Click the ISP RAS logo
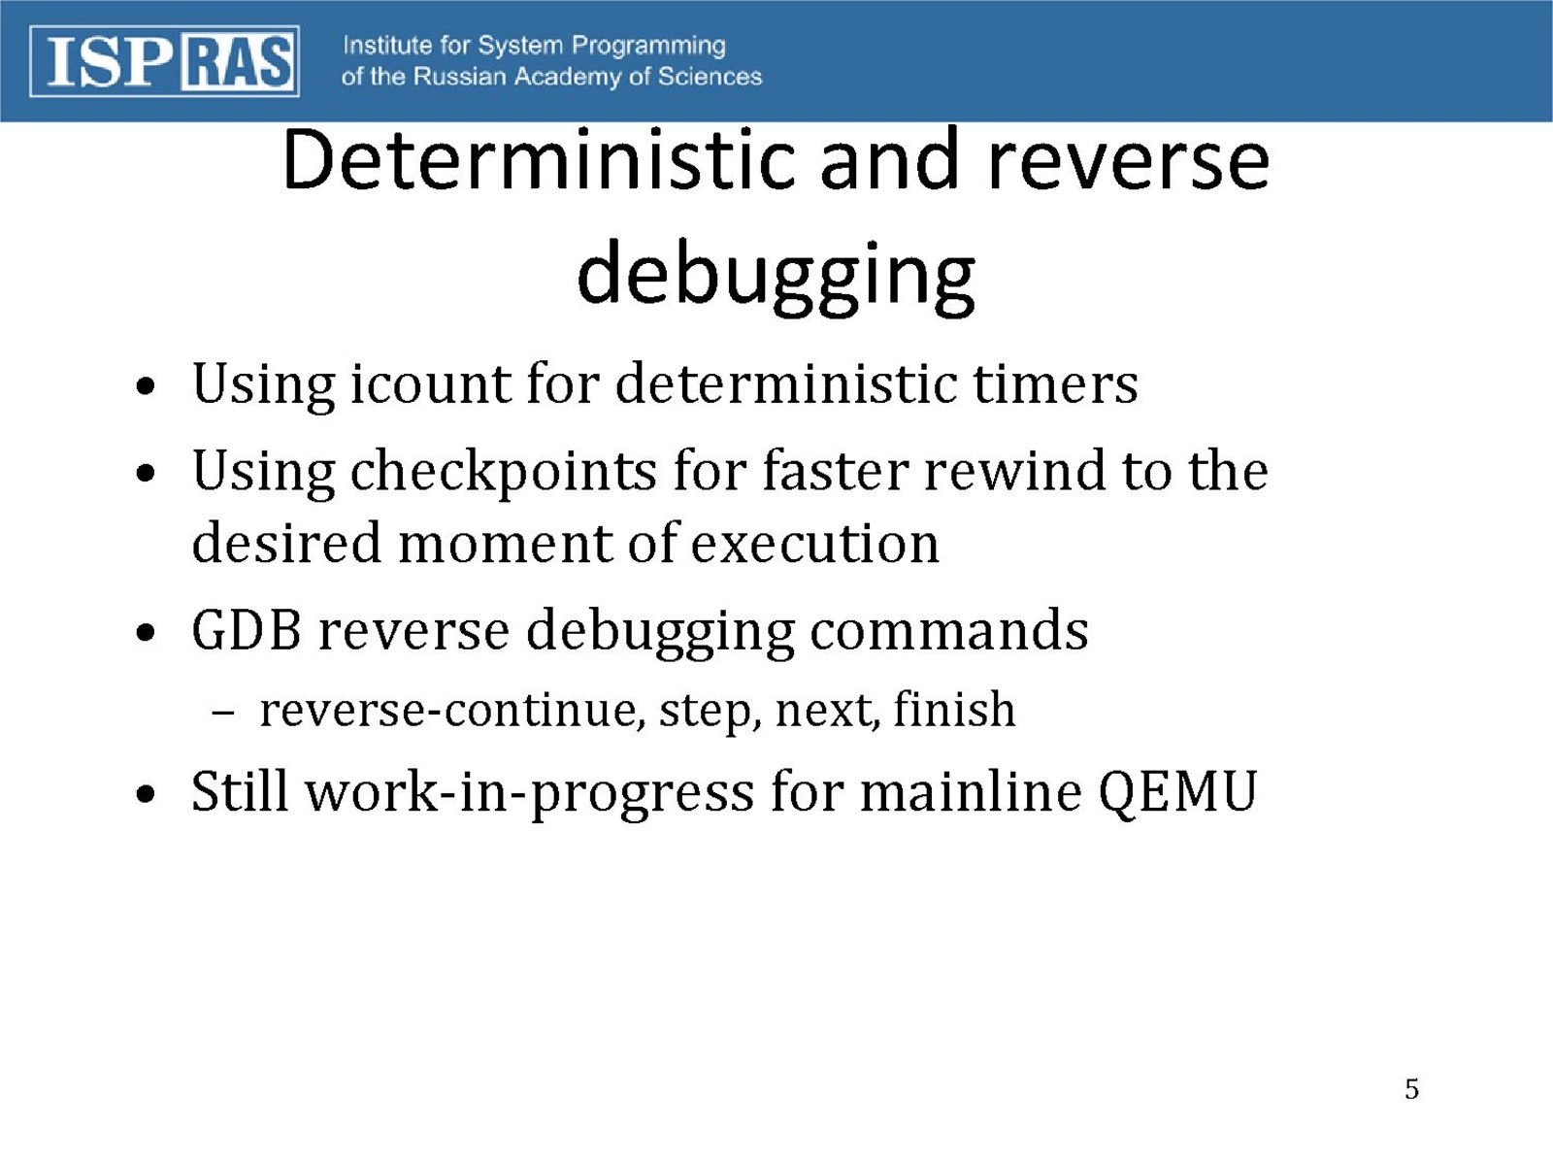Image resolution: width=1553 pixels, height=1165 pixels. pyautogui.click(x=164, y=61)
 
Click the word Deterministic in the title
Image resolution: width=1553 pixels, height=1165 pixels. pyautogui.click(x=539, y=160)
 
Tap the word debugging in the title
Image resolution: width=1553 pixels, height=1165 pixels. pyautogui.click(x=776, y=278)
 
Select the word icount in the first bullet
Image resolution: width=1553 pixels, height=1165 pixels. pyautogui.click(x=430, y=384)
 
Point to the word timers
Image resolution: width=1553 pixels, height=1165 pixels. pyautogui.click(x=1056, y=384)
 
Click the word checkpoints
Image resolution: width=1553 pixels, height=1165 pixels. pyautogui.click(x=503, y=473)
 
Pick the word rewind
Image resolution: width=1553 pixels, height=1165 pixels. pyautogui.click(x=1014, y=471)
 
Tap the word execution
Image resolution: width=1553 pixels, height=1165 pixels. pyautogui.click(x=814, y=544)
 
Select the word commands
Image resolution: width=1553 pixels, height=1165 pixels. pyautogui.click(x=948, y=630)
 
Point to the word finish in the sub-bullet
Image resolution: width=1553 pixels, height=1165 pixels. pyautogui.click(x=954, y=708)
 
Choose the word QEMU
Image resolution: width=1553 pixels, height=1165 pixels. pyautogui.click(x=1178, y=792)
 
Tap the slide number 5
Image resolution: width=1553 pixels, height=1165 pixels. pyautogui.click(x=1411, y=1089)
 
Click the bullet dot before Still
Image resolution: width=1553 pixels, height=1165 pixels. pyautogui.click(x=145, y=794)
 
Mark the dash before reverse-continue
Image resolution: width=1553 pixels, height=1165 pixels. pyautogui.click(x=222, y=713)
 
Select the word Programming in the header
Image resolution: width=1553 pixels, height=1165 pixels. pyautogui.click(x=648, y=47)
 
